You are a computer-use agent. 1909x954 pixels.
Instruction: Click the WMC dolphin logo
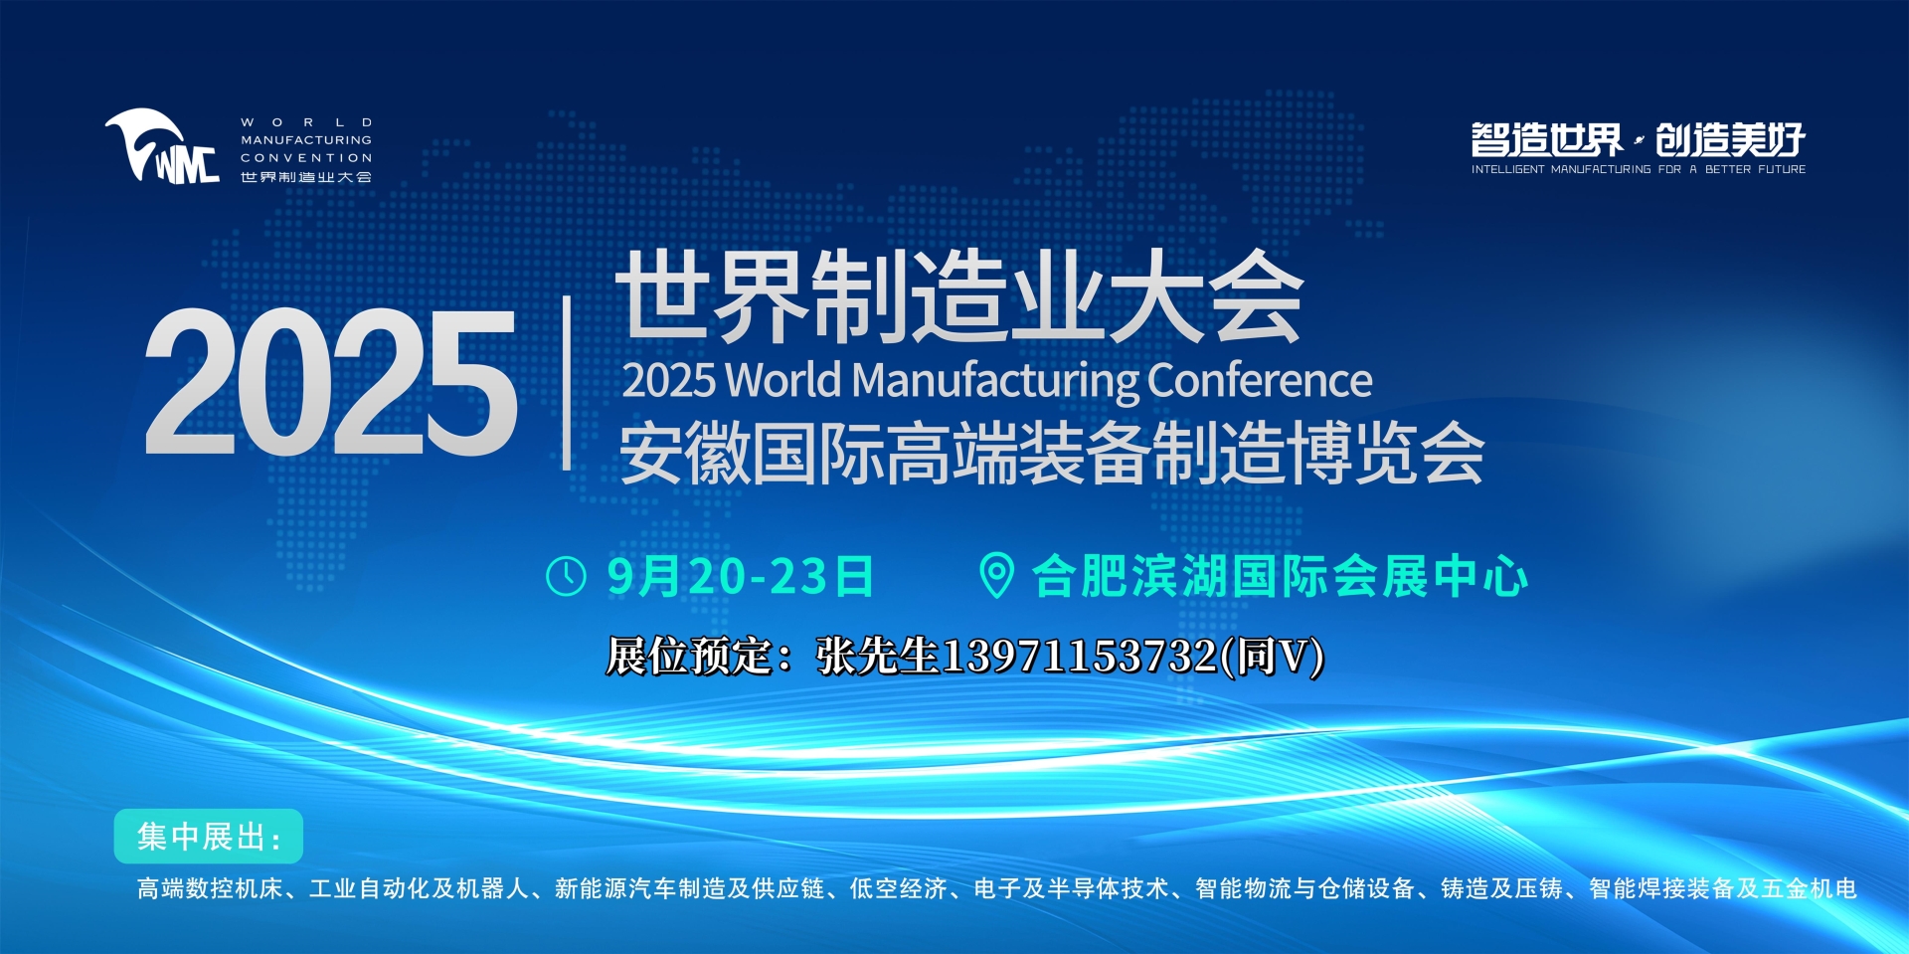(x=161, y=146)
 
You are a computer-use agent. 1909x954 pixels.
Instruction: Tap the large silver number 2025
(x=330, y=382)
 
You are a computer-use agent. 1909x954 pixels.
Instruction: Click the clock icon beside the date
(x=567, y=577)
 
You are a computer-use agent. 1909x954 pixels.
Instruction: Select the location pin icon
(x=996, y=576)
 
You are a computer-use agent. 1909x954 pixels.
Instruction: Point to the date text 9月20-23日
(x=741, y=577)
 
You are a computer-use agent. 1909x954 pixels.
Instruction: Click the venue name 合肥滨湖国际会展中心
(x=1281, y=577)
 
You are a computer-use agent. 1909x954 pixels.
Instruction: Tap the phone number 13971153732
(x=1079, y=657)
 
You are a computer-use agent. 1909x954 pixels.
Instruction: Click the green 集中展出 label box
(x=208, y=837)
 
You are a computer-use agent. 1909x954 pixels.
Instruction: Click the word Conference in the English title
(x=1260, y=380)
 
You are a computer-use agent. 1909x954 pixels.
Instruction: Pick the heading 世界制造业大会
(x=959, y=296)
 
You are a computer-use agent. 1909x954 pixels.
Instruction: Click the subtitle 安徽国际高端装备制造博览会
(x=1052, y=453)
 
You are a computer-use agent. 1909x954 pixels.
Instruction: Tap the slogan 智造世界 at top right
(x=1547, y=140)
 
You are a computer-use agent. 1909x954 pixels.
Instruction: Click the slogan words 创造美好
(x=1731, y=140)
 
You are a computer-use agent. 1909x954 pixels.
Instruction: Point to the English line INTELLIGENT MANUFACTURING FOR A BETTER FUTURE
(x=1639, y=170)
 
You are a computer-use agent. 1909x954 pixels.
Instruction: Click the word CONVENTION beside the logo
(x=306, y=158)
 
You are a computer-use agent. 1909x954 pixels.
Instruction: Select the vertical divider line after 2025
(x=567, y=383)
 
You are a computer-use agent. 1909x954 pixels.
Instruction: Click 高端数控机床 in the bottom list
(x=210, y=888)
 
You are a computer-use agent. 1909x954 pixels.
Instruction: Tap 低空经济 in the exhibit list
(x=898, y=888)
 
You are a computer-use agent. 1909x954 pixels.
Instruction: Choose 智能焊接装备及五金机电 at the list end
(x=1723, y=888)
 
